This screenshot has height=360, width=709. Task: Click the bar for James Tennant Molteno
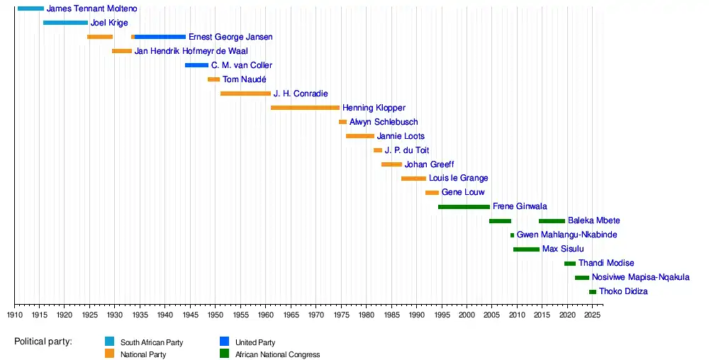30,9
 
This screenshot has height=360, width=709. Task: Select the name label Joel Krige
109,23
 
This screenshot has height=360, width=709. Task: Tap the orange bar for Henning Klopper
305,108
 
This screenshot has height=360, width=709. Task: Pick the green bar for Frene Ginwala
464,207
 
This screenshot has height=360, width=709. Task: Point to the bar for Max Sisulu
526,249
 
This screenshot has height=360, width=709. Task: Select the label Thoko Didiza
623,292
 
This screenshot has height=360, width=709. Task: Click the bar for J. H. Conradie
245,94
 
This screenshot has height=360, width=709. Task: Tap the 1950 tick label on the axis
215,314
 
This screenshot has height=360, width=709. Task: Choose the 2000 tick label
467,314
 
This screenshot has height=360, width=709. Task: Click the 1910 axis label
14,314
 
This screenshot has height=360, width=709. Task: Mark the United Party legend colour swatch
224,342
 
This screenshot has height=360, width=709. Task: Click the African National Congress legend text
277,354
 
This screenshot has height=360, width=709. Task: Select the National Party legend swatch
109,354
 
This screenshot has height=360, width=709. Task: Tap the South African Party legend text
151,342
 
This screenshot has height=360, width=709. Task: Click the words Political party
43,342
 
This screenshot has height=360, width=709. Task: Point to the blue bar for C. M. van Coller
196,65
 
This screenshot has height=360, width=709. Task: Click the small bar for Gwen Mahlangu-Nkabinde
512,235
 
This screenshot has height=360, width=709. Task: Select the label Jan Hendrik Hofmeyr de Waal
191,51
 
